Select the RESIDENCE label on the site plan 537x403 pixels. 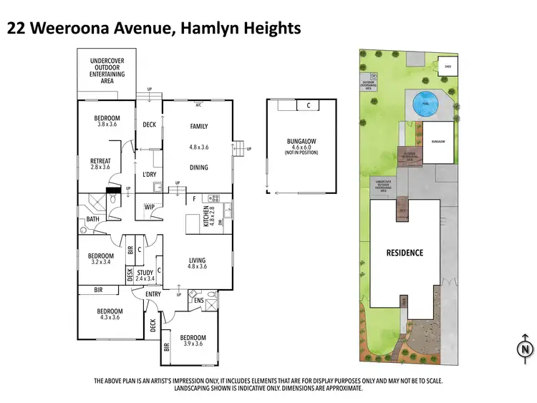405,253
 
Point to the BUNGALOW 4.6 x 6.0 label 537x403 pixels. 301,146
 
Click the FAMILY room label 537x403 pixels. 198,127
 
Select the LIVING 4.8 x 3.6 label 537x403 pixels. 198,263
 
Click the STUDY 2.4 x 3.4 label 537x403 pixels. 145,275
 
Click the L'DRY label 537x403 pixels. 150,175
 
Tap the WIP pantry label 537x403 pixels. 150,207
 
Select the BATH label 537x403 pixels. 93,220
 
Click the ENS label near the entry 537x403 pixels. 198,301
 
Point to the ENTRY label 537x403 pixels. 153,294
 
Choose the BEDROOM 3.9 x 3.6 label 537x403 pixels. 193,341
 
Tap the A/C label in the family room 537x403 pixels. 198,105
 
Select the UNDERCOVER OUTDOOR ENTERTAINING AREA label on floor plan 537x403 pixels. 107,68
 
